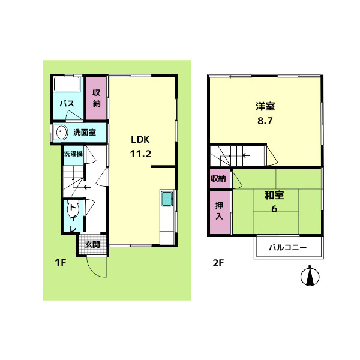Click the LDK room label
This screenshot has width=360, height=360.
(140, 140)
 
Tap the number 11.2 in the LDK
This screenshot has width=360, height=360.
(140, 154)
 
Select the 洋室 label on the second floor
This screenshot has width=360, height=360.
(265, 106)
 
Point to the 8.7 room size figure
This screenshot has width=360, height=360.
(265, 121)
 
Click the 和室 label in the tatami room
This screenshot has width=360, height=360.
(274, 195)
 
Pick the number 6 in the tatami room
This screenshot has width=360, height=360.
(274, 209)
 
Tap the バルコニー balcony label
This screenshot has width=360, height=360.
(288, 248)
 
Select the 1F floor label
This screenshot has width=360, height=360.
(61, 262)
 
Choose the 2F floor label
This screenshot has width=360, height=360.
(218, 263)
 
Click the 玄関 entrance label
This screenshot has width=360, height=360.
(92, 245)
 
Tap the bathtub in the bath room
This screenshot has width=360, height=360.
(67, 84)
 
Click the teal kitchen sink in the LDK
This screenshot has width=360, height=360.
(167, 199)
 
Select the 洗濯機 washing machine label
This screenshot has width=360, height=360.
(73, 154)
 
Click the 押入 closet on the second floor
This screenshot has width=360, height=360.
(220, 212)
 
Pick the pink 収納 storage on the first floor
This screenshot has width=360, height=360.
(97, 98)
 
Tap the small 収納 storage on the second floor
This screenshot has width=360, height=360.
(220, 178)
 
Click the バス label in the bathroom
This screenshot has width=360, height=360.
(67, 104)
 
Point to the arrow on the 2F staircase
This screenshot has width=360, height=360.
(246, 155)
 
